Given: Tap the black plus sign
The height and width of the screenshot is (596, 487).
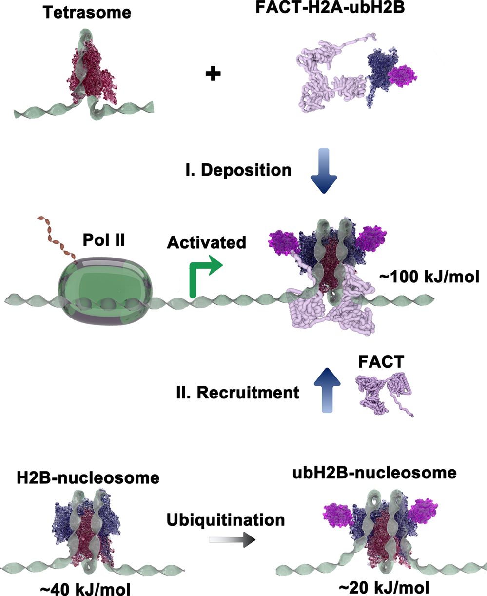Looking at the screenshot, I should [x=214, y=74].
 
